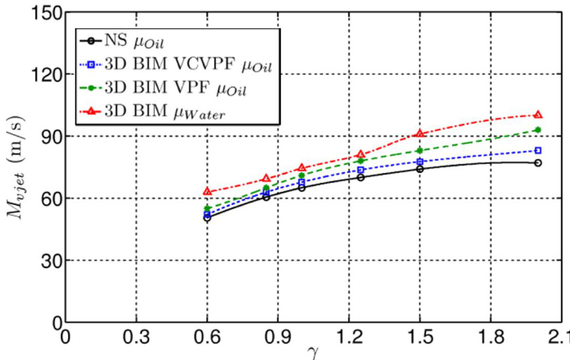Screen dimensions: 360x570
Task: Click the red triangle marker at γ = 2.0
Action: [538, 114]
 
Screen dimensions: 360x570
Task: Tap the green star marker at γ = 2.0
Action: [538, 129]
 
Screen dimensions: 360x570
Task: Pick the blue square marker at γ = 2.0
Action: [538, 150]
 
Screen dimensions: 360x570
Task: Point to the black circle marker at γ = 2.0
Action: [538, 162]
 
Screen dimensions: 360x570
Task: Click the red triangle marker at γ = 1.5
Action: [420, 133]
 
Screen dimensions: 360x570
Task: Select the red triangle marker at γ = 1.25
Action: [361, 154]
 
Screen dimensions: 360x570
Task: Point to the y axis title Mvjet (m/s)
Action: [16, 168]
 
